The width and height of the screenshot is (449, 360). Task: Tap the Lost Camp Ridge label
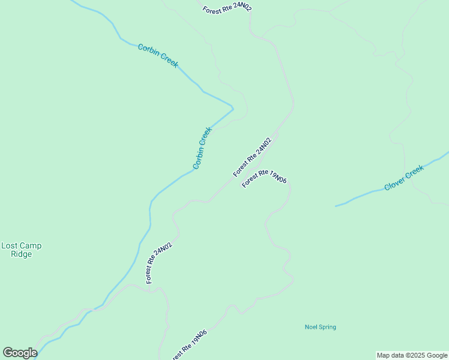click(x=21, y=250)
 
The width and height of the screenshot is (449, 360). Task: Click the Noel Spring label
click(x=320, y=327)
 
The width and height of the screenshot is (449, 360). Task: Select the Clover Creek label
click(x=404, y=177)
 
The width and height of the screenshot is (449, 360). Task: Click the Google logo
click(x=20, y=353)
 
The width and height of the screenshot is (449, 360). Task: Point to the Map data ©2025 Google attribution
click(x=412, y=355)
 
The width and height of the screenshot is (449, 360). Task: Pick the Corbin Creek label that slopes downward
click(x=158, y=56)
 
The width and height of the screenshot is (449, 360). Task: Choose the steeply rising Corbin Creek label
click(x=202, y=148)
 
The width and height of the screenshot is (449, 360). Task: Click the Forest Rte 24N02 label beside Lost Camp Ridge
click(x=159, y=263)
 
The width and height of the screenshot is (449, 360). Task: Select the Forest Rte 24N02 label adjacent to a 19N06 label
click(x=252, y=157)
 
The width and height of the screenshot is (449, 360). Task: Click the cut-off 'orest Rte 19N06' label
click(x=189, y=346)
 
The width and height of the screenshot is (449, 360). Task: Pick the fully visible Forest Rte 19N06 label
click(x=264, y=179)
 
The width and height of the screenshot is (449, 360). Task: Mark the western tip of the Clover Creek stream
click(x=336, y=206)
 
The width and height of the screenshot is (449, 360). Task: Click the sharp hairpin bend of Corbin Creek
click(x=232, y=108)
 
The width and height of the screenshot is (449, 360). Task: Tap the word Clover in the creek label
click(x=394, y=182)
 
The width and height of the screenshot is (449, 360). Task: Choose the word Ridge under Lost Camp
click(x=21, y=254)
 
